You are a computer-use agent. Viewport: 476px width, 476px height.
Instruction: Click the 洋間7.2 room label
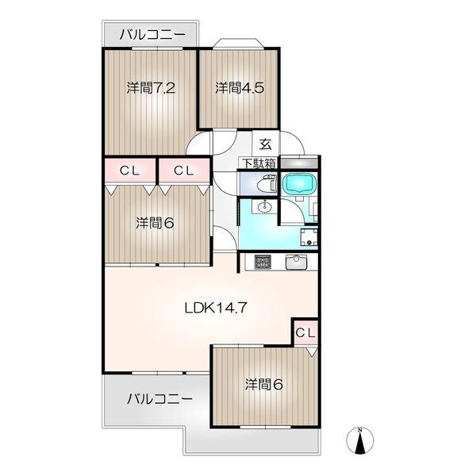(x=151, y=88)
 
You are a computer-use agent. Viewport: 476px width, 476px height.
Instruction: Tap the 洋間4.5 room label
(x=240, y=88)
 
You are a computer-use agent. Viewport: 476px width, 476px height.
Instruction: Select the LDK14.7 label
(x=216, y=308)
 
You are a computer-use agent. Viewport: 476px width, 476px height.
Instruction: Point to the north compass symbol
(x=359, y=440)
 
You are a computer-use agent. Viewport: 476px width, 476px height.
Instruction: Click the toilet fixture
(x=267, y=184)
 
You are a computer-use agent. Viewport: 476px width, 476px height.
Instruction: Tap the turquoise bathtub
(x=299, y=183)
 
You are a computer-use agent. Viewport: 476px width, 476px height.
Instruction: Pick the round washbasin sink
(x=265, y=207)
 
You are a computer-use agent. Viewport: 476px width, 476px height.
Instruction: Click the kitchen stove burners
(x=263, y=262)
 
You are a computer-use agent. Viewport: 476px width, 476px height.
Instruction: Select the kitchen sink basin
(x=296, y=262)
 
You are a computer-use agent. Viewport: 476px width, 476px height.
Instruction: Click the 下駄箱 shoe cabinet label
(x=259, y=163)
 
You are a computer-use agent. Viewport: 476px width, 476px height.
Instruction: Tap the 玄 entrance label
(x=265, y=144)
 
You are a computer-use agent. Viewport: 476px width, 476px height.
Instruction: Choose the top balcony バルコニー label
(x=152, y=35)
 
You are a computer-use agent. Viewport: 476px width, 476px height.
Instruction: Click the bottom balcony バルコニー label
(x=159, y=398)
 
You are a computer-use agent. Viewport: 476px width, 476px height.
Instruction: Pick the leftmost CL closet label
(x=129, y=171)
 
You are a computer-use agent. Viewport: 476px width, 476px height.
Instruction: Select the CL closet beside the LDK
(x=305, y=333)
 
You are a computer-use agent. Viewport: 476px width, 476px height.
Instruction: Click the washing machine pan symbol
(x=309, y=236)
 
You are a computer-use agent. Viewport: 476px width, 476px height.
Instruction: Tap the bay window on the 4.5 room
(x=238, y=43)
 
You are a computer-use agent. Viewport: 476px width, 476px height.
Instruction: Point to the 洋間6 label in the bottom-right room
(x=264, y=385)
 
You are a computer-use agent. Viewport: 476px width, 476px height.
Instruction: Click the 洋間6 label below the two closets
(x=155, y=223)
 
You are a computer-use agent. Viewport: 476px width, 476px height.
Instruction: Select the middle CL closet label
(x=184, y=171)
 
